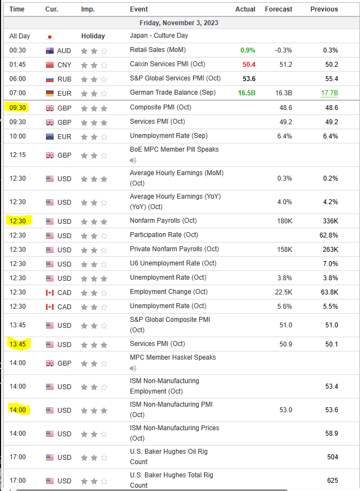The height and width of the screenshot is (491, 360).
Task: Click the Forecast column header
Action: tap(278, 9)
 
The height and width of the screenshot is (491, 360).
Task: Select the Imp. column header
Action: tap(88, 9)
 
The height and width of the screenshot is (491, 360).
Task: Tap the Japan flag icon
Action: tap(50, 36)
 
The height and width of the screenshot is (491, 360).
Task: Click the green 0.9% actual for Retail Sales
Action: tap(247, 50)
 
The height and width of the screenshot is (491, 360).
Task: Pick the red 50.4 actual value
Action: tap(249, 65)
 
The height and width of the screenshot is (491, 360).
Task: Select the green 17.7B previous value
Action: tap(329, 93)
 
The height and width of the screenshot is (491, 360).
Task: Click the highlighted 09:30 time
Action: tap(18, 108)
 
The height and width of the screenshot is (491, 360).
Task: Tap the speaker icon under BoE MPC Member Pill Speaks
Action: tap(133, 160)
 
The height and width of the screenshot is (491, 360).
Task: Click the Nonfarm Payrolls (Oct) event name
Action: tap(163, 221)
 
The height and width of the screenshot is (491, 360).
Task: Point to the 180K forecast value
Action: tap(284, 221)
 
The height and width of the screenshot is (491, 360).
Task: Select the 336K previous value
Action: tap(330, 221)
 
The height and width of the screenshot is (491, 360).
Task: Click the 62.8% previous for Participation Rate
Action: tap(329, 235)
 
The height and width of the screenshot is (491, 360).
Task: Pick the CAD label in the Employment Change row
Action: tap(64, 292)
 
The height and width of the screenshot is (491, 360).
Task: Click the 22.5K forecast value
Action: tap(283, 292)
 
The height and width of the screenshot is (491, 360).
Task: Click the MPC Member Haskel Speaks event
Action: tap(173, 357)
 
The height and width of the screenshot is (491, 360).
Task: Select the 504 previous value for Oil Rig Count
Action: tap(332, 457)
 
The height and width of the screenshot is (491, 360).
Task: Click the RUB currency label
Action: tap(64, 79)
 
